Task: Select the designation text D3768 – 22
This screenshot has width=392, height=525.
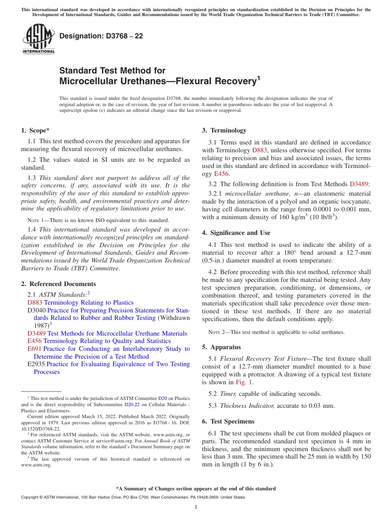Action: coord(101,36)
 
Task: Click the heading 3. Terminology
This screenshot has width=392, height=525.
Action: coord(224,131)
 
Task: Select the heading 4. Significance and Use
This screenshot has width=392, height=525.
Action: coord(236,233)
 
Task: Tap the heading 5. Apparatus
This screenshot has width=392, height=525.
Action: coord(221,347)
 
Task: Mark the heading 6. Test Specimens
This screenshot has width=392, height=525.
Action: coord(228,421)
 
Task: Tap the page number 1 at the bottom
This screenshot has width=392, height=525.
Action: coord(196,507)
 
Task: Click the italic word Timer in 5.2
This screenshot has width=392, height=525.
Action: coord(228,394)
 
